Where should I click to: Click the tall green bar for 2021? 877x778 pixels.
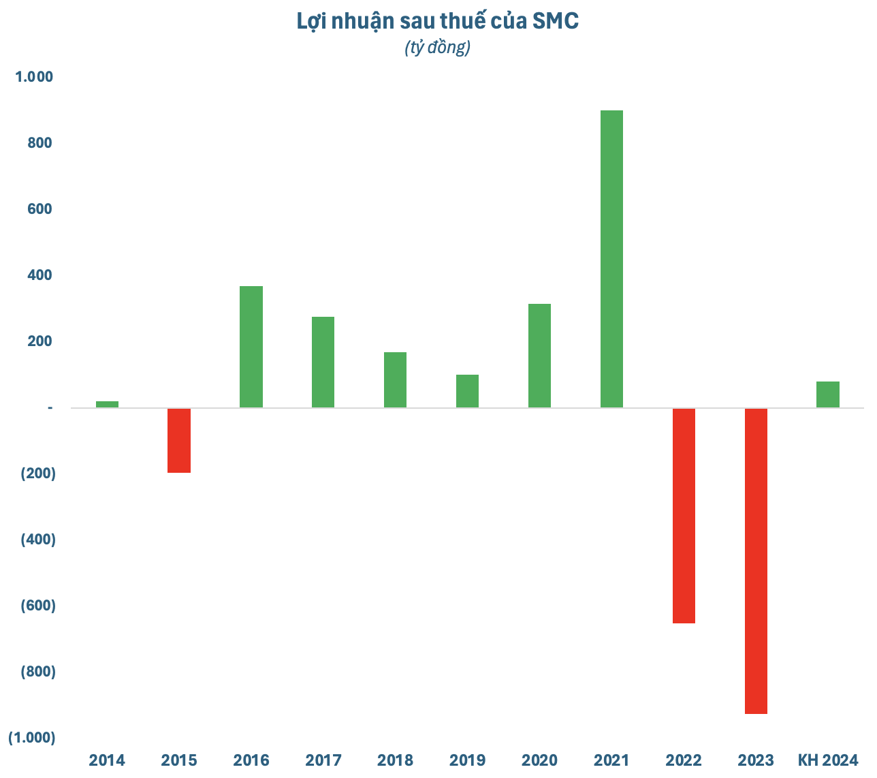point(611,259)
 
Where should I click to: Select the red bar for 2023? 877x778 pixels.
point(756,561)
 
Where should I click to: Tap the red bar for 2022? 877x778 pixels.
point(684,516)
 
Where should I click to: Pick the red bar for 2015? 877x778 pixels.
point(179,440)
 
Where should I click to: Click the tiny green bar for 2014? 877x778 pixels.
point(107,404)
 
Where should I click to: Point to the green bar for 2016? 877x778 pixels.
point(251,347)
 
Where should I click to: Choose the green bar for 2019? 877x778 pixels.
point(467,391)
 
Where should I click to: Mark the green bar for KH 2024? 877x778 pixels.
point(828,394)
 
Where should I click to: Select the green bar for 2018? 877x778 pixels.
point(395,380)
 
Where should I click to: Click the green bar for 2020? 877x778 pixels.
point(539,356)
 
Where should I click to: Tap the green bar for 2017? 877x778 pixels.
point(323,362)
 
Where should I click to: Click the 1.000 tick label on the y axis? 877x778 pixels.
point(34,77)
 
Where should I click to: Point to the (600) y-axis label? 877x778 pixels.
point(38,606)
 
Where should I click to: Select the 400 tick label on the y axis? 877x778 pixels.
point(42,275)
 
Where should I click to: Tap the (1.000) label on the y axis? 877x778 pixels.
point(32,738)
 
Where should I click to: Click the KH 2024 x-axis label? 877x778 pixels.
point(828,760)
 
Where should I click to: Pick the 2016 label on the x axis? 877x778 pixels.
point(251,760)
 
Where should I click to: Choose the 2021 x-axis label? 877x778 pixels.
point(611,760)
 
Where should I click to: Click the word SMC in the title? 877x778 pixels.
point(556,22)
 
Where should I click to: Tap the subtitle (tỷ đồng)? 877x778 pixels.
point(437,48)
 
